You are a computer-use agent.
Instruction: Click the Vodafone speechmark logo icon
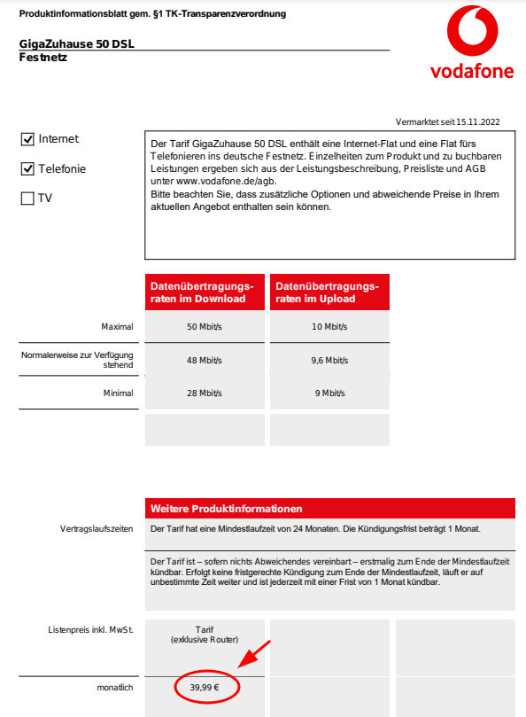473,31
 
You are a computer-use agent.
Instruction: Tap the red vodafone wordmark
472,71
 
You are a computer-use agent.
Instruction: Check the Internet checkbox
27,139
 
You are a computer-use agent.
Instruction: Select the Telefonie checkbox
27,168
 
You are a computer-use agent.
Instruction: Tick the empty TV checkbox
27,199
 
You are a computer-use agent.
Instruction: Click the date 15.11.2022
478,122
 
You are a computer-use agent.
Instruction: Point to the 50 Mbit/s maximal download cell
205,327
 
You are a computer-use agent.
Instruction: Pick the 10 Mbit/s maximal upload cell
329,327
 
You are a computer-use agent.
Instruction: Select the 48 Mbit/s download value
205,361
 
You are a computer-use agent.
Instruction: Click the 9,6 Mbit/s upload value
329,361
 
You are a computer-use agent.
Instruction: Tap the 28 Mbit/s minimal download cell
205,394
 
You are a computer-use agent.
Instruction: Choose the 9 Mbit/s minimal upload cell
329,394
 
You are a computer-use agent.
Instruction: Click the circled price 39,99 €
205,687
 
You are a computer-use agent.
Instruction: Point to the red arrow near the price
254,654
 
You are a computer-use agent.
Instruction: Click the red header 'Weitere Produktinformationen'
226,509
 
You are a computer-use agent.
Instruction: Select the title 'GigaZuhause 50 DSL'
77,44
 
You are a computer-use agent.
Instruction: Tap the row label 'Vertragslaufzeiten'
97,529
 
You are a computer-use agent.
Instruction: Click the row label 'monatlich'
115,688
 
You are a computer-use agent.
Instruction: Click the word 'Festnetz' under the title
43,58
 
